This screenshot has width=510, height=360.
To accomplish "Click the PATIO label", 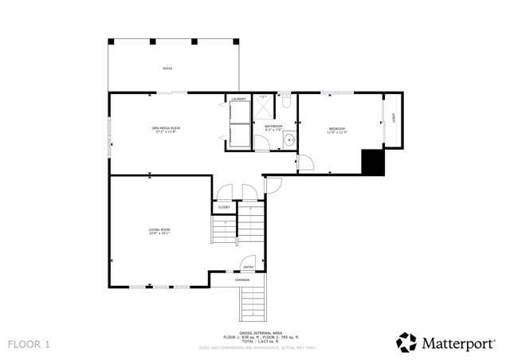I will (x=168, y=68).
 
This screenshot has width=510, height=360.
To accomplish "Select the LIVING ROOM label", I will (x=159, y=229).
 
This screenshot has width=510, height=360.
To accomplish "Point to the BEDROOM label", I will (x=337, y=128).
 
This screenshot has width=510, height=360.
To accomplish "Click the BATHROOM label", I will (x=274, y=125).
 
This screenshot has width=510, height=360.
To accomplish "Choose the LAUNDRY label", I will (x=239, y=99).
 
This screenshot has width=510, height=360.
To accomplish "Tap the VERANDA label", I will (x=241, y=280).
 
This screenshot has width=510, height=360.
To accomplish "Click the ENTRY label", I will (x=249, y=267).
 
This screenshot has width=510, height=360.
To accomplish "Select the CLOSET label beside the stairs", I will (x=224, y=207).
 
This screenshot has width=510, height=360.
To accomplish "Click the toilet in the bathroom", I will (x=286, y=102).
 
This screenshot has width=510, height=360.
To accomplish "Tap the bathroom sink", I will (x=289, y=141).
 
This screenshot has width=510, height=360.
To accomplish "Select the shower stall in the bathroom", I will (x=263, y=106).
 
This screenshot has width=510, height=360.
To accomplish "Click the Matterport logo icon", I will (x=406, y=342).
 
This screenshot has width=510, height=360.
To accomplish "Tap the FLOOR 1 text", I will (x=29, y=344).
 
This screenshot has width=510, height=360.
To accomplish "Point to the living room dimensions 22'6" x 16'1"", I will (x=159, y=233).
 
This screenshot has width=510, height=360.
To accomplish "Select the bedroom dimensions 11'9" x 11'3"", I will (x=337, y=132).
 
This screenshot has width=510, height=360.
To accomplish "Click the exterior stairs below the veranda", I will (x=253, y=303).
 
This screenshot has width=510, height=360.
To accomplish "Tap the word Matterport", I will (x=460, y=343).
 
